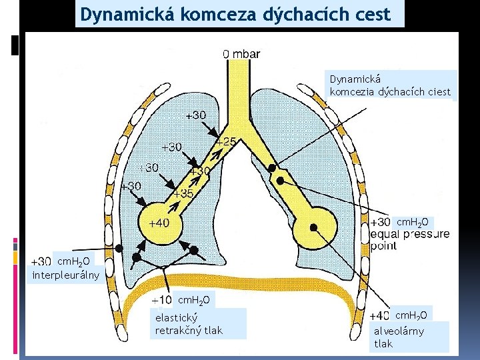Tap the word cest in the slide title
pyautogui.click(x=371, y=14)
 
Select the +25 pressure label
pyautogui.click(x=225, y=142)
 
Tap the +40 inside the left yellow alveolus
pyautogui.click(x=159, y=223)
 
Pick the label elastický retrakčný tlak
pyautogui.click(x=189, y=324)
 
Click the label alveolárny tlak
pyautogui.click(x=399, y=337)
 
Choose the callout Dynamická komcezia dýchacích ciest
pyautogui.click(x=390, y=86)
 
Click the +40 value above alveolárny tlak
pyautogui.click(x=379, y=315)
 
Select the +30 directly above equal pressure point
pyautogui.click(x=380, y=222)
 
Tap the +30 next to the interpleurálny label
pyautogui.click(x=42, y=261)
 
